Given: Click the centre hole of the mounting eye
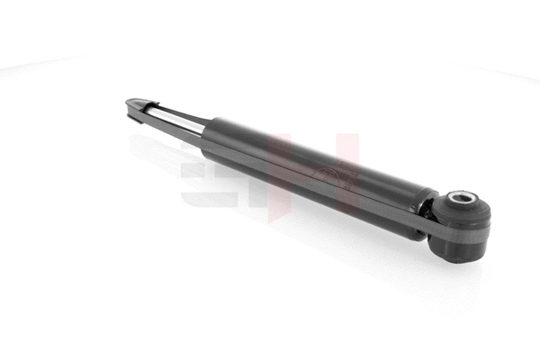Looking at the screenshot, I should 462,199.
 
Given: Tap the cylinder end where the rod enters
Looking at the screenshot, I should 204,130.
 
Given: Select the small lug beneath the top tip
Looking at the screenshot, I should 135,115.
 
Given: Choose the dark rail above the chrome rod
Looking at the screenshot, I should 171,110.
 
